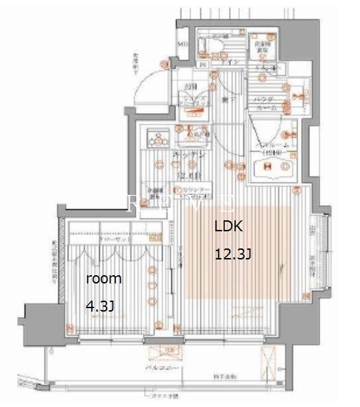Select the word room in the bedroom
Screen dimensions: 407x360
(104, 279)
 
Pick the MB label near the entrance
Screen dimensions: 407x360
(182, 45)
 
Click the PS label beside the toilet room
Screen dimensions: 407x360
(202, 66)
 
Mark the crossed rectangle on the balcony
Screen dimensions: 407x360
(267, 359)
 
